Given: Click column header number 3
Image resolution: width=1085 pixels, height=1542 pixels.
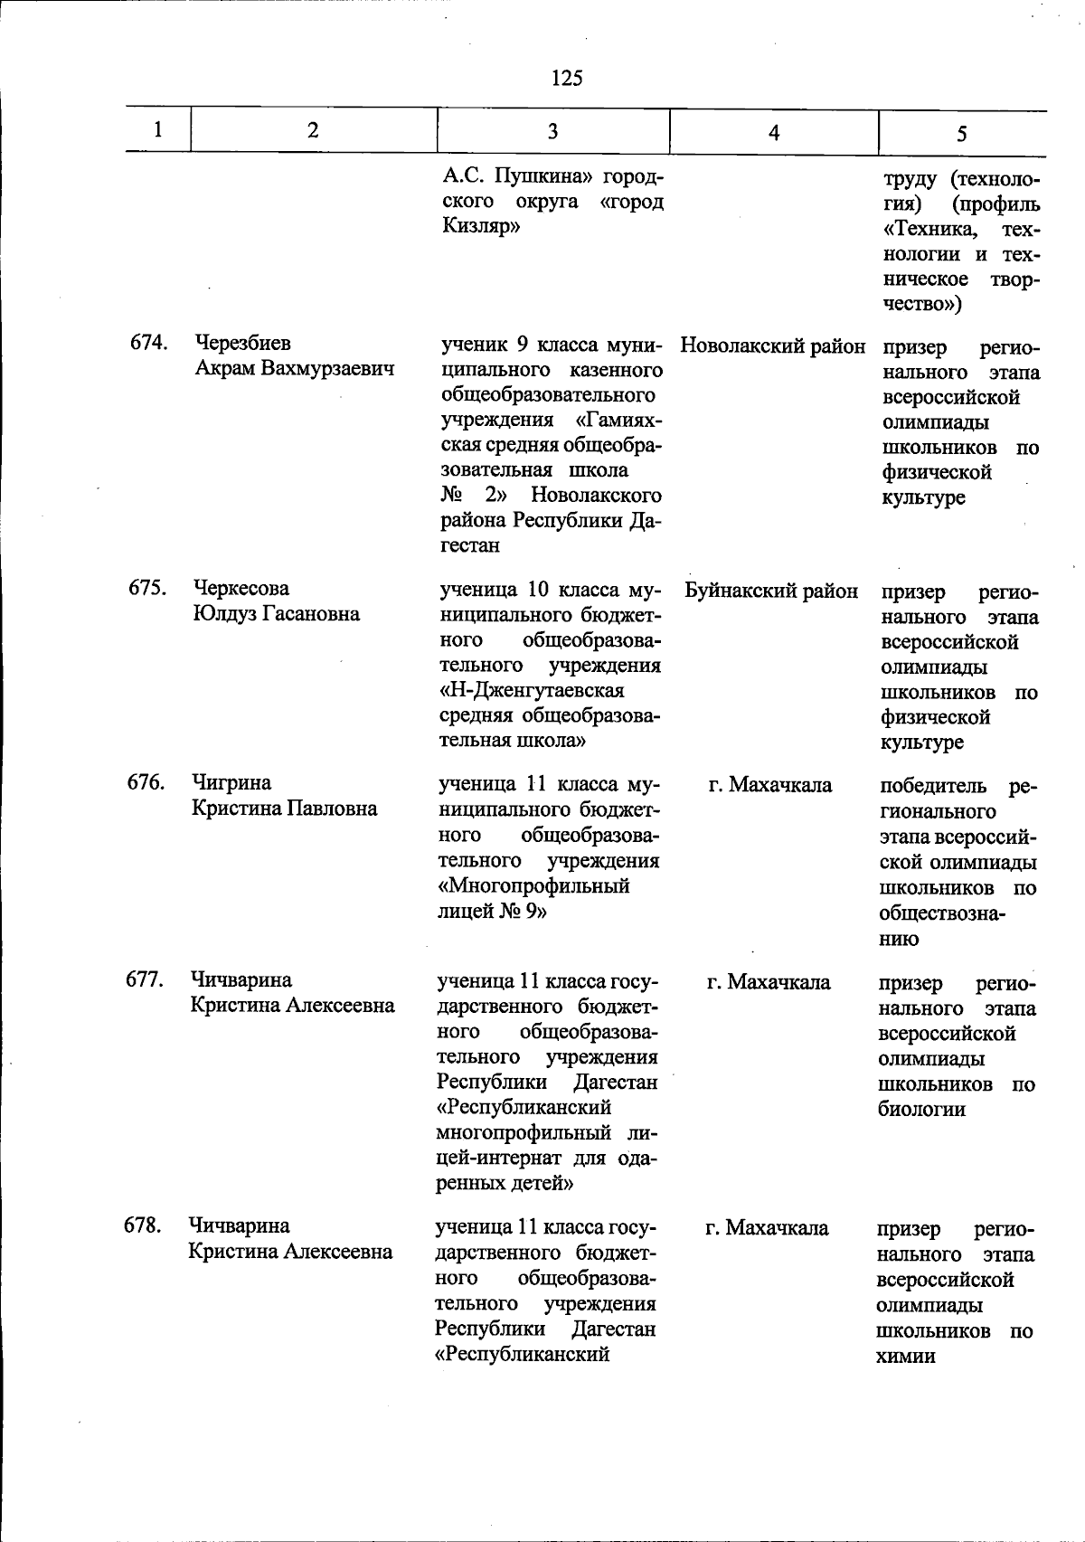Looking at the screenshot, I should [x=552, y=131].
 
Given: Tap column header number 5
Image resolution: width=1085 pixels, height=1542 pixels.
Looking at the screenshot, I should [x=962, y=134].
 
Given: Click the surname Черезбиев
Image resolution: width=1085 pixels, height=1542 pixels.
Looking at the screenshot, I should [x=242, y=344].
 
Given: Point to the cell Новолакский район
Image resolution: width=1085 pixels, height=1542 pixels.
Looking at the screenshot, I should [x=772, y=345].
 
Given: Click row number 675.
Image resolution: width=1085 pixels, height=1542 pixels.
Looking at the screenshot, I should [x=147, y=588].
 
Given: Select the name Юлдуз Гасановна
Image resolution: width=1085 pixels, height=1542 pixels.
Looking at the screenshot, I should [x=276, y=614].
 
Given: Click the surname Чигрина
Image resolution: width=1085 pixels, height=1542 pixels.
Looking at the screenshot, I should [x=231, y=782].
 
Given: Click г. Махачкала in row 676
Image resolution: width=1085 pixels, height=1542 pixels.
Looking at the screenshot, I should [x=769, y=785].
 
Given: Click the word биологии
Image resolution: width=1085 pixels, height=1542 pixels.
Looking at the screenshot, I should [x=921, y=1109].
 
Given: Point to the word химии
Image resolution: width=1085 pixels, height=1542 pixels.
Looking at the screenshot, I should [x=905, y=1356].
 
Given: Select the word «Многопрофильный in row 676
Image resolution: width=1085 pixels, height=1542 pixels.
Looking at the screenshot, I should [x=533, y=885].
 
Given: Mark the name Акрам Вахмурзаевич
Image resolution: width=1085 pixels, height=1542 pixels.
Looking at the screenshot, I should [x=295, y=369].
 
